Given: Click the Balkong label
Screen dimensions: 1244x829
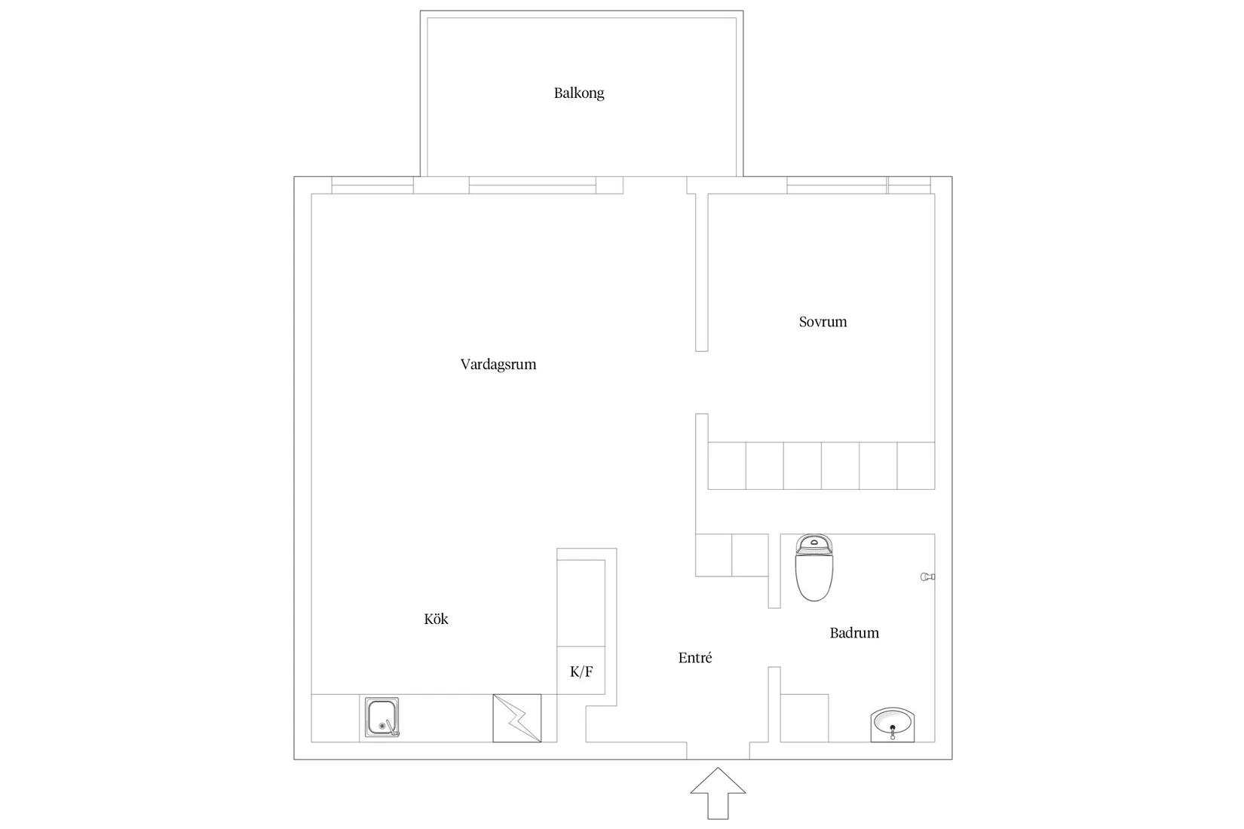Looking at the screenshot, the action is (x=579, y=93).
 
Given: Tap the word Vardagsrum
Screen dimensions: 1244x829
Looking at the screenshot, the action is (x=498, y=364).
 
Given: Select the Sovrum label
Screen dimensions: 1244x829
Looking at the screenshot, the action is (x=823, y=322).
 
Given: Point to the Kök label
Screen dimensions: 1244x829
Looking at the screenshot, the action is (x=436, y=619).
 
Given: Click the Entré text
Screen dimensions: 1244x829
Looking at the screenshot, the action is (x=694, y=657).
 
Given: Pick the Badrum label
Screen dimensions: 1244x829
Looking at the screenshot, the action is (x=854, y=632).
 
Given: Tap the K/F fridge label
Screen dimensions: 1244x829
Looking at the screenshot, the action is (x=581, y=671).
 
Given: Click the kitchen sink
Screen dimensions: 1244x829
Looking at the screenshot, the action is (x=382, y=717).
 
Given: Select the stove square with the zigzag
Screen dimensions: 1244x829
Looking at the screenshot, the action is (x=517, y=718).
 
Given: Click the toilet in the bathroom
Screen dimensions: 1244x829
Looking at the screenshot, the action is (x=814, y=567).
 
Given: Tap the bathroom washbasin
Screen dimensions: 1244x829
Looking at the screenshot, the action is (x=892, y=724).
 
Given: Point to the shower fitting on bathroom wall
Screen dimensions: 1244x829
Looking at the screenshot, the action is (x=927, y=577).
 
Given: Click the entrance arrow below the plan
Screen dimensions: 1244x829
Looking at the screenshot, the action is (x=718, y=793).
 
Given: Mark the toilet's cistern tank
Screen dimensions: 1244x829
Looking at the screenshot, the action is (x=814, y=543).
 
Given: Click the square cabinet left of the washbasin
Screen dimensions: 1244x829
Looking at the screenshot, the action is (x=804, y=718).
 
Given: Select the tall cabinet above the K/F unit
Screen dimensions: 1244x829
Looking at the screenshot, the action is (x=581, y=603).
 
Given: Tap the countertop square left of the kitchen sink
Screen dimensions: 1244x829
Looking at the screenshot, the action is (x=335, y=718).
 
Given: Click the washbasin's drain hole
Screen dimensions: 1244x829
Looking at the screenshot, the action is (x=893, y=727).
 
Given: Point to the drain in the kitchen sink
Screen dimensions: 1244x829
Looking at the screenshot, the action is (x=382, y=726).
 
